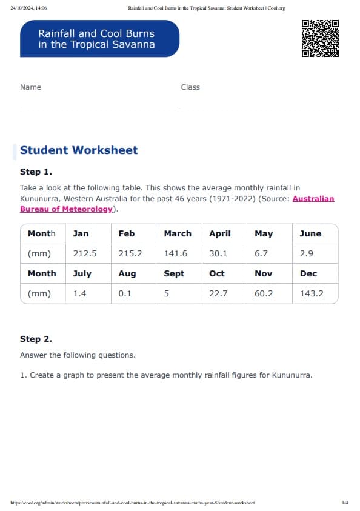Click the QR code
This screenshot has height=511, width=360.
pos(319,38)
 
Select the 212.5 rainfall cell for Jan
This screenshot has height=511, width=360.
pos(85,254)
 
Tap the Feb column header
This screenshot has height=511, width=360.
pos(127,233)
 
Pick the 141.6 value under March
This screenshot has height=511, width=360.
pos(176,254)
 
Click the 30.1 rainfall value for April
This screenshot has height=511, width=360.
pos(218,254)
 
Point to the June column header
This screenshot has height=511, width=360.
pos(310,233)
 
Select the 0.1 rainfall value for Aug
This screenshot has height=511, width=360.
pos(125,294)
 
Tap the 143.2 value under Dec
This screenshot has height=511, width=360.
pos(312,294)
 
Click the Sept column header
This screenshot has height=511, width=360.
pos(174,273)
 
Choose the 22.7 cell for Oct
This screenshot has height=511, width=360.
pos(218,294)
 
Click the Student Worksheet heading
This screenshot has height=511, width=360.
pos(79,150)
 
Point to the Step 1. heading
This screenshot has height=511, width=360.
pos(36,172)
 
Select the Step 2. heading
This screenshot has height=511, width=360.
pos(36,339)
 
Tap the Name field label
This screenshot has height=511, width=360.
pos(30,87)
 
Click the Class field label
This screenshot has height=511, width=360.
pos(190,87)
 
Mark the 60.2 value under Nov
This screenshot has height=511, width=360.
pos(264,294)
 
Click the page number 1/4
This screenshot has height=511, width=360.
pos(345,503)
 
